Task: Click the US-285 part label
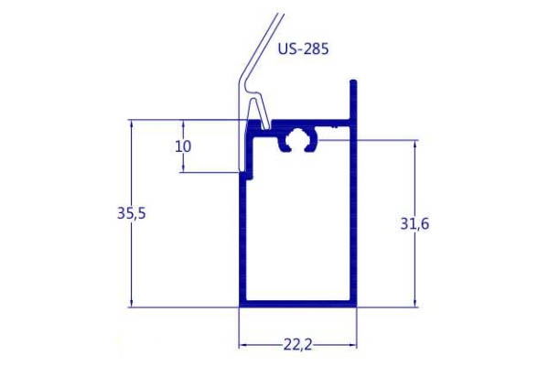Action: pos(303,48)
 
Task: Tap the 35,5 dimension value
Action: pos(131,213)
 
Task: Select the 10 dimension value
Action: pos(183,146)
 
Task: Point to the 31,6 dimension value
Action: pos(414,223)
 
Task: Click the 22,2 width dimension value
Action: pos(297,345)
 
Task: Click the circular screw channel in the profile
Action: pos(298,140)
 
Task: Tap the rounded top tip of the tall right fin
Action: pos(353,82)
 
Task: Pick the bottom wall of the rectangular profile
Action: pos(298,304)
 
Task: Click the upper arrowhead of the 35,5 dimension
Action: pos(131,124)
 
